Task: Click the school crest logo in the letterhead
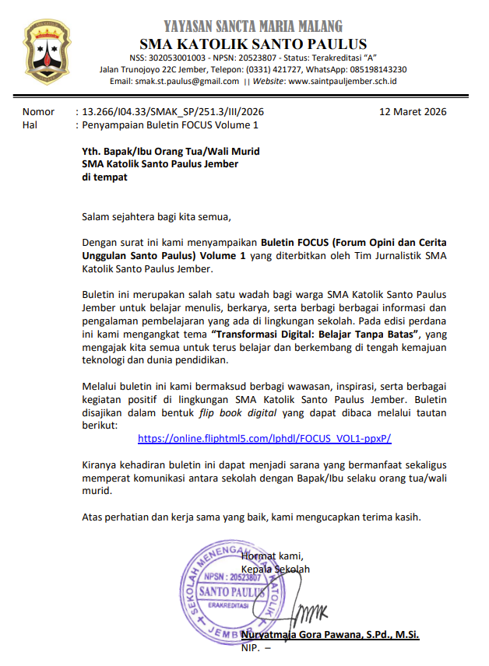pyautogui.click(x=51, y=53)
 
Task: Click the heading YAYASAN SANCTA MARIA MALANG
pyautogui.click(x=253, y=26)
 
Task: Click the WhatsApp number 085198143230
pyautogui.click(x=378, y=69)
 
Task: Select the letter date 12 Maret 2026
pyautogui.click(x=413, y=111)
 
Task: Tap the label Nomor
pyautogui.click(x=38, y=111)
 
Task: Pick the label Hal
pyautogui.click(x=30, y=124)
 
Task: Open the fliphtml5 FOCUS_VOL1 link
pyautogui.click(x=264, y=438)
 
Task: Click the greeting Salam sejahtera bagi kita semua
pyautogui.click(x=157, y=216)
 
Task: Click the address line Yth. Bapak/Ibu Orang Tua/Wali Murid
pyautogui.click(x=171, y=151)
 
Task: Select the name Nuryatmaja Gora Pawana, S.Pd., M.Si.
pyautogui.click(x=330, y=636)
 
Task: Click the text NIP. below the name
pyautogui.click(x=251, y=649)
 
